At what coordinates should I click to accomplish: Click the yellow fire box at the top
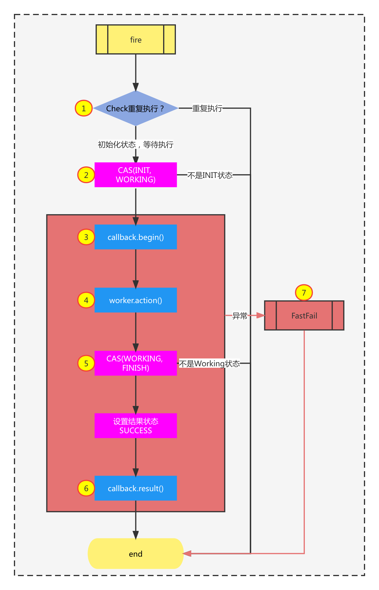[x=136, y=39]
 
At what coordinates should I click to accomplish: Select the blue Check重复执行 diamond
[x=136, y=108]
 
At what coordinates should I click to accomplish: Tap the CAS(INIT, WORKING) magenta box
[x=136, y=175]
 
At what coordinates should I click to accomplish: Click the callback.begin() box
[x=136, y=237]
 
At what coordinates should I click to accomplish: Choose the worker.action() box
[x=136, y=300]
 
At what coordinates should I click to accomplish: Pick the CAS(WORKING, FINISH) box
[x=136, y=363]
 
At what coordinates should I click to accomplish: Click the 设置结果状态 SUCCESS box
[x=136, y=426]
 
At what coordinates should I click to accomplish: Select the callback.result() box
[x=136, y=488]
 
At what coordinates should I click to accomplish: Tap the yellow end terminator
[x=136, y=554]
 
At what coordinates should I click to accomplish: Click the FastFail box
[x=304, y=316]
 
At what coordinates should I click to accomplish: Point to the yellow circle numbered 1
[x=84, y=108]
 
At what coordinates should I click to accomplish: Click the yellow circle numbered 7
[x=304, y=293]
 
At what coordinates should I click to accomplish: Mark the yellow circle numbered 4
[x=86, y=300]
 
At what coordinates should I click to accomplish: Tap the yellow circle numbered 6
[x=86, y=488]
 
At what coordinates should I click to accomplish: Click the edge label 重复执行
[x=207, y=108]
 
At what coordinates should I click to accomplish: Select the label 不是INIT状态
[x=210, y=175]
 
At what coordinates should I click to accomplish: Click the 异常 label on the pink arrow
[x=240, y=316]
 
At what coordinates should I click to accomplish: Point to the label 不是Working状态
[x=209, y=363]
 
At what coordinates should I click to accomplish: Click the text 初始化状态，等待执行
[x=136, y=144]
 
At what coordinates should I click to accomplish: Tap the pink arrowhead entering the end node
[x=187, y=553]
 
